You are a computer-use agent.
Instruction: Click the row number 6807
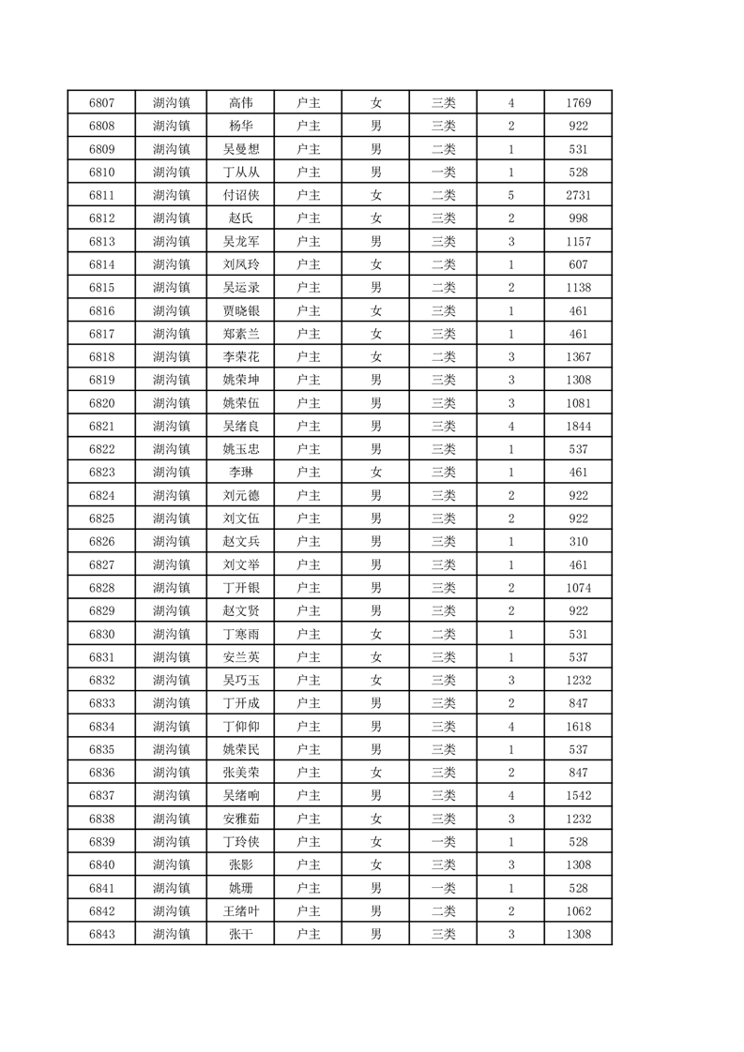coord(101,102)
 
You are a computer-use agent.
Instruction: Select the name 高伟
coord(240,102)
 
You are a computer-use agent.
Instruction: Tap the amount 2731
coord(578,195)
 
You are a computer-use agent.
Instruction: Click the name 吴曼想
coord(240,149)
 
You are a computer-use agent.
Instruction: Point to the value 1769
coord(578,102)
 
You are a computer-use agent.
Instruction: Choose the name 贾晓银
coord(240,310)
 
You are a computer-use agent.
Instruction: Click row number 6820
coord(101,403)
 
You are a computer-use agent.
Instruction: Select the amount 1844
coord(578,426)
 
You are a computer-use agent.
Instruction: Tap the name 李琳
coord(240,473)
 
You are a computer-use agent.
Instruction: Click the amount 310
coord(578,542)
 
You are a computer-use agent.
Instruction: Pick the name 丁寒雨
coord(240,634)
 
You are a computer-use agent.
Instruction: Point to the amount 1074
coord(578,588)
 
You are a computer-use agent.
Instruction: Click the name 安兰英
coord(240,657)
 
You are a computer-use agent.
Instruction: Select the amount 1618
coord(578,727)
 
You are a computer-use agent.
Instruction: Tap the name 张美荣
coord(240,773)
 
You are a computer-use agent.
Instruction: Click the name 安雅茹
coord(240,819)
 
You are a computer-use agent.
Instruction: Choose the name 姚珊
coord(240,888)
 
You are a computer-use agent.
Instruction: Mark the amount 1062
coord(578,911)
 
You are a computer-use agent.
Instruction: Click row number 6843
coord(101,934)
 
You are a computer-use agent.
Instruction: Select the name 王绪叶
coord(240,911)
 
